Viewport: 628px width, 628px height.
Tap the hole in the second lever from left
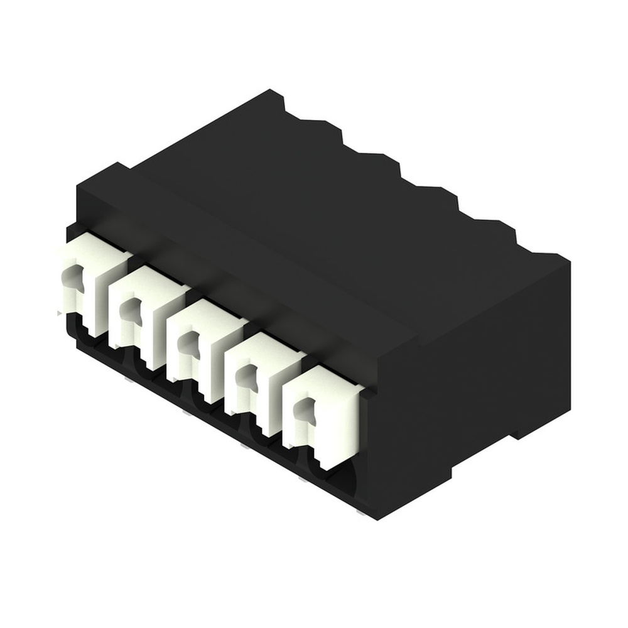[x=130, y=308]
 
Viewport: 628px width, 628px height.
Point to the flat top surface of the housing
[x=301, y=207]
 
